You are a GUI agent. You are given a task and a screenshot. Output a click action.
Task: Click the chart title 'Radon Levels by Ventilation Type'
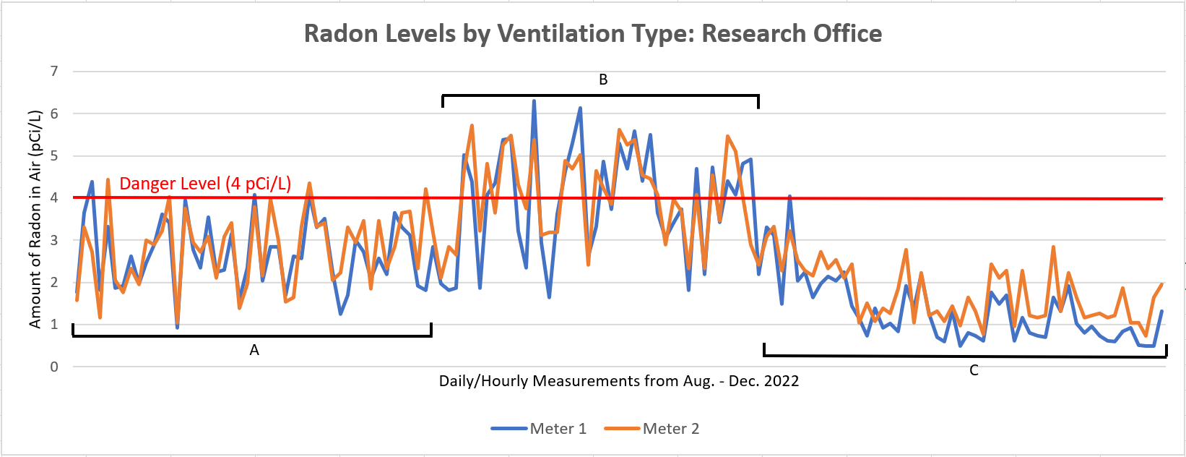coord(592,33)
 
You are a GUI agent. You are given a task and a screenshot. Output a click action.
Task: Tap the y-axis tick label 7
coord(54,71)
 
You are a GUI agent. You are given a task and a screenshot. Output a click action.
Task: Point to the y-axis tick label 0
coord(54,367)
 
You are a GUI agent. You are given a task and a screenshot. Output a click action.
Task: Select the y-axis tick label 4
coord(54,197)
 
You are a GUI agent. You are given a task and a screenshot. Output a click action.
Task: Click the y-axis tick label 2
coord(54,282)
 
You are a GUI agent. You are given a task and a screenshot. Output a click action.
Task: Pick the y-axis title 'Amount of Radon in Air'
coord(35,219)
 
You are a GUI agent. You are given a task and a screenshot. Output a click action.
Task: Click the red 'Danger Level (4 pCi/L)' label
coord(205,184)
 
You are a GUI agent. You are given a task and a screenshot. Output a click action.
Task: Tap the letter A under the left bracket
coord(254,350)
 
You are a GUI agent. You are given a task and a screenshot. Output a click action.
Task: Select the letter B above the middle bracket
coord(603,80)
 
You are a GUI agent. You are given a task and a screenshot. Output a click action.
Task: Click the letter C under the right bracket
coord(974,370)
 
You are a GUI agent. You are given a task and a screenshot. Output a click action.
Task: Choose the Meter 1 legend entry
coord(539,429)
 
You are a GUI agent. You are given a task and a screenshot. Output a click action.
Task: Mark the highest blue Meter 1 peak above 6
coord(534,101)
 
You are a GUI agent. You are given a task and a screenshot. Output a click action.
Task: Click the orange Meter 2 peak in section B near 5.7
coord(472,126)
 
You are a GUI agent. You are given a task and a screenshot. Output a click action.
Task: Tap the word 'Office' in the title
coord(847,33)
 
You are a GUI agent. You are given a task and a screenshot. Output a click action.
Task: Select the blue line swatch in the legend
coord(509,429)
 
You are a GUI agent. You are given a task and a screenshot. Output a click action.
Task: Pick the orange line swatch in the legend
coord(622,429)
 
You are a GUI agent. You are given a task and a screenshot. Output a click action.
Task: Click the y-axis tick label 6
coord(54,114)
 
